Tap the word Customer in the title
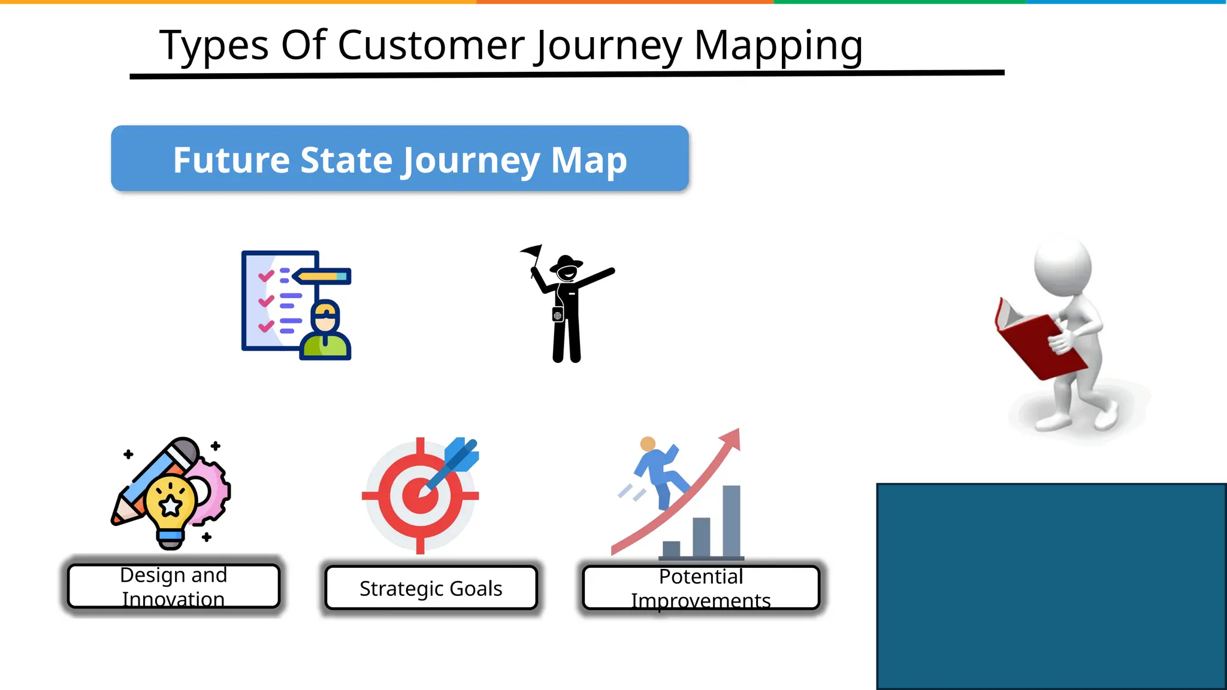[x=431, y=46]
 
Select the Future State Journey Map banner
[x=400, y=159]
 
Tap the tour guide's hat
[x=566, y=262]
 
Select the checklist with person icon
[x=296, y=305]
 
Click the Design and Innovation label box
[x=174, y=586]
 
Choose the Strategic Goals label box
[x=431, y=588]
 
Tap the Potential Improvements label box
[x=700, y=588]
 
